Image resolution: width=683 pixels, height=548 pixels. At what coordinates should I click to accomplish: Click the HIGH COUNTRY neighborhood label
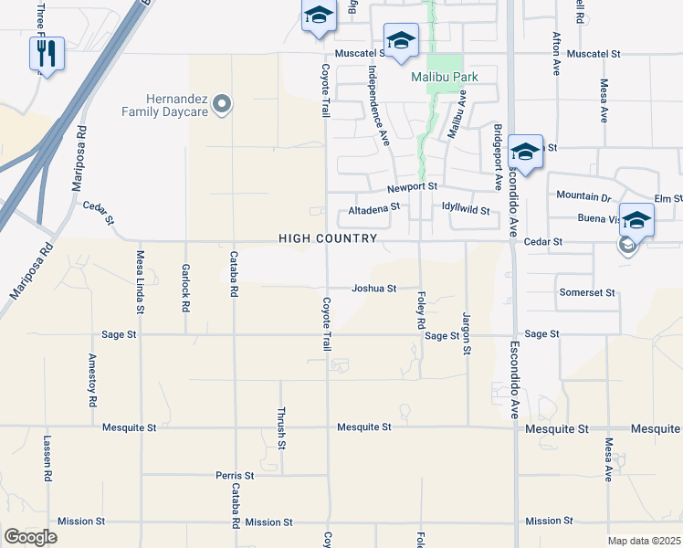pos(328,238)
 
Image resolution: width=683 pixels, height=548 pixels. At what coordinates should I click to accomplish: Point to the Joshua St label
pos(374,289)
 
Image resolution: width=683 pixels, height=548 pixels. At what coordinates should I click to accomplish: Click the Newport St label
pos(412,187)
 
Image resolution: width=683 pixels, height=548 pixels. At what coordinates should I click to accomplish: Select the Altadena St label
pos(374,208)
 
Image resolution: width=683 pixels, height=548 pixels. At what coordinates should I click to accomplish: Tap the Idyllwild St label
pos(466,210)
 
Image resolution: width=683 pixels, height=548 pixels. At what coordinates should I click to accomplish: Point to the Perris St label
pos(235,476)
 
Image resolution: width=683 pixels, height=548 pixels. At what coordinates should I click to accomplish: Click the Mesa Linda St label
pos(141,282)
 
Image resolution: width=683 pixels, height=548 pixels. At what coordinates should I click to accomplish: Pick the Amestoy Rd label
pos(92,378)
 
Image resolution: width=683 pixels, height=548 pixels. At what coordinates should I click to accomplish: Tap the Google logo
pos(30,537)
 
